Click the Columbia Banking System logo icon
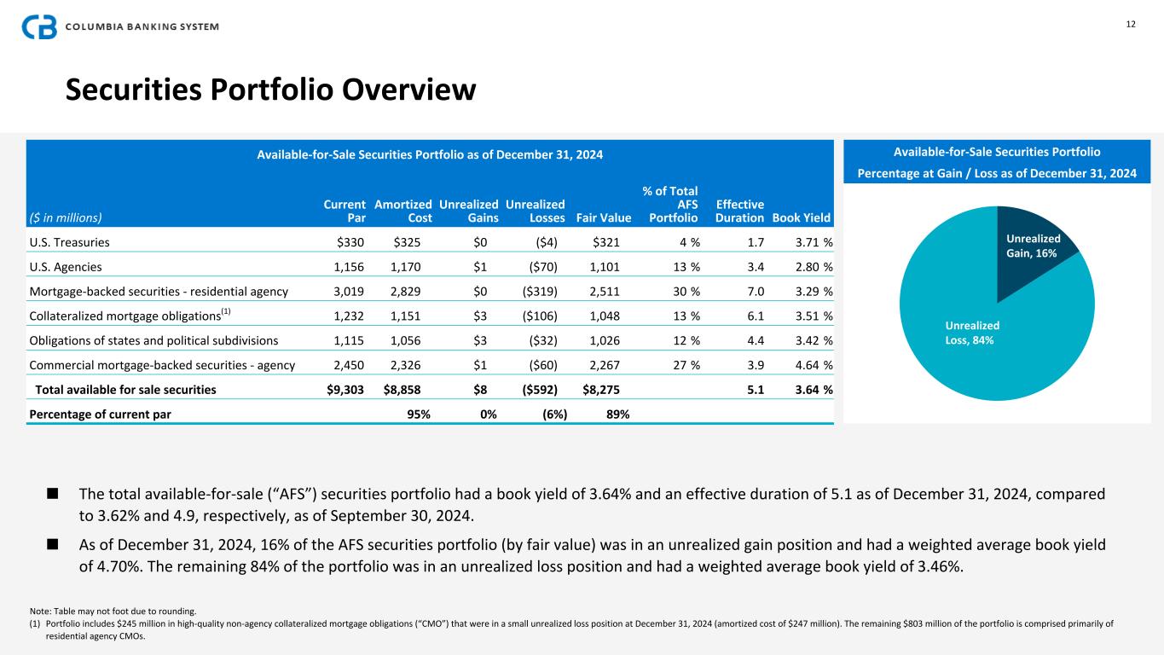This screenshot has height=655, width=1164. [38, 26]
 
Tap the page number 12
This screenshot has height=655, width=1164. [1130, 24]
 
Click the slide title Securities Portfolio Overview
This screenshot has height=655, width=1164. [271, 90]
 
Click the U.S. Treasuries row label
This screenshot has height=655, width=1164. [69, 241]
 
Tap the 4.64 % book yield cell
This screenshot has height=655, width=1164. [814, 365]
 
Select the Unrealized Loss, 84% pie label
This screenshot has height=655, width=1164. [972, 333]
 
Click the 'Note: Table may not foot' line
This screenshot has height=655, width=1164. [112, 611]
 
